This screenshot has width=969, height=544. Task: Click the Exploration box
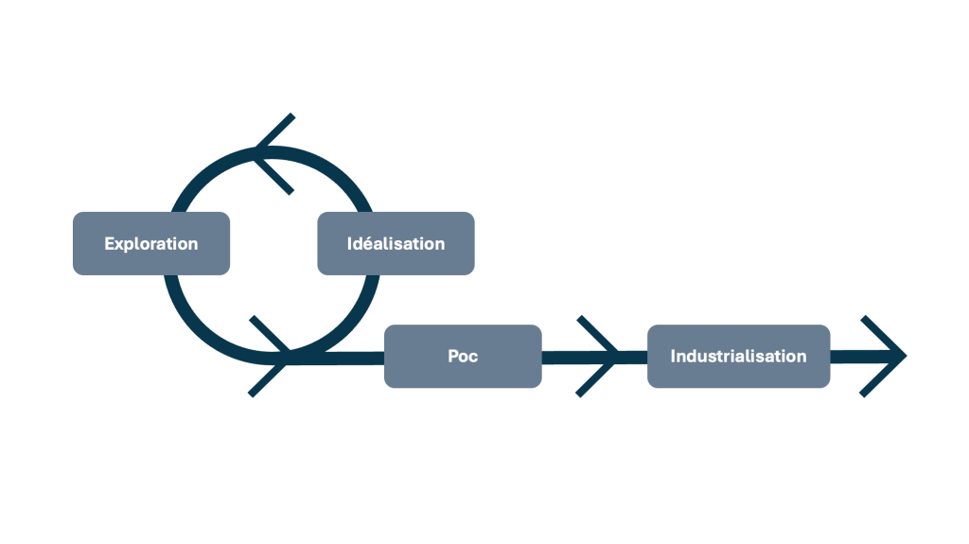point(151,243)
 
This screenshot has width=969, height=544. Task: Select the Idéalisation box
point(396,243)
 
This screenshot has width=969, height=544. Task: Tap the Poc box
point(463,356)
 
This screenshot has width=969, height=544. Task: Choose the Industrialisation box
point(738,356)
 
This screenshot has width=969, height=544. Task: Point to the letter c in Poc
point(473,358)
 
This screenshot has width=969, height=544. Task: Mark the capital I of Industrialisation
point(673,357)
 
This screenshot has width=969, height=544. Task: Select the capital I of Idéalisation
point(350,244)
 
